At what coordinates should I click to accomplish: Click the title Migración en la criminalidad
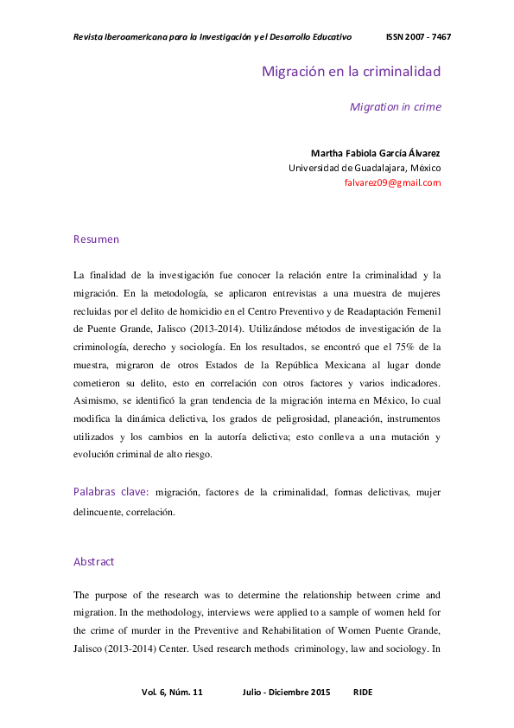point(352,71)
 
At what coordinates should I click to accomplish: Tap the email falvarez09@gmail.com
point(392,182)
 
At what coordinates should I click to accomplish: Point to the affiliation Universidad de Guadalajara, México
point(365,168)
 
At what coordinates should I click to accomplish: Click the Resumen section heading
point(96,239)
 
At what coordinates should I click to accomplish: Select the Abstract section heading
point(93,561)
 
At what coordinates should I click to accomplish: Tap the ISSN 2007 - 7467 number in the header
point(418,37)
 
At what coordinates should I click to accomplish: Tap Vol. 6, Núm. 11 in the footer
point(171,693)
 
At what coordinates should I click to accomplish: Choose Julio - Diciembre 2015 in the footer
point(287,693)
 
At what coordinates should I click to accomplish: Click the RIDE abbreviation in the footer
point(363,693)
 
